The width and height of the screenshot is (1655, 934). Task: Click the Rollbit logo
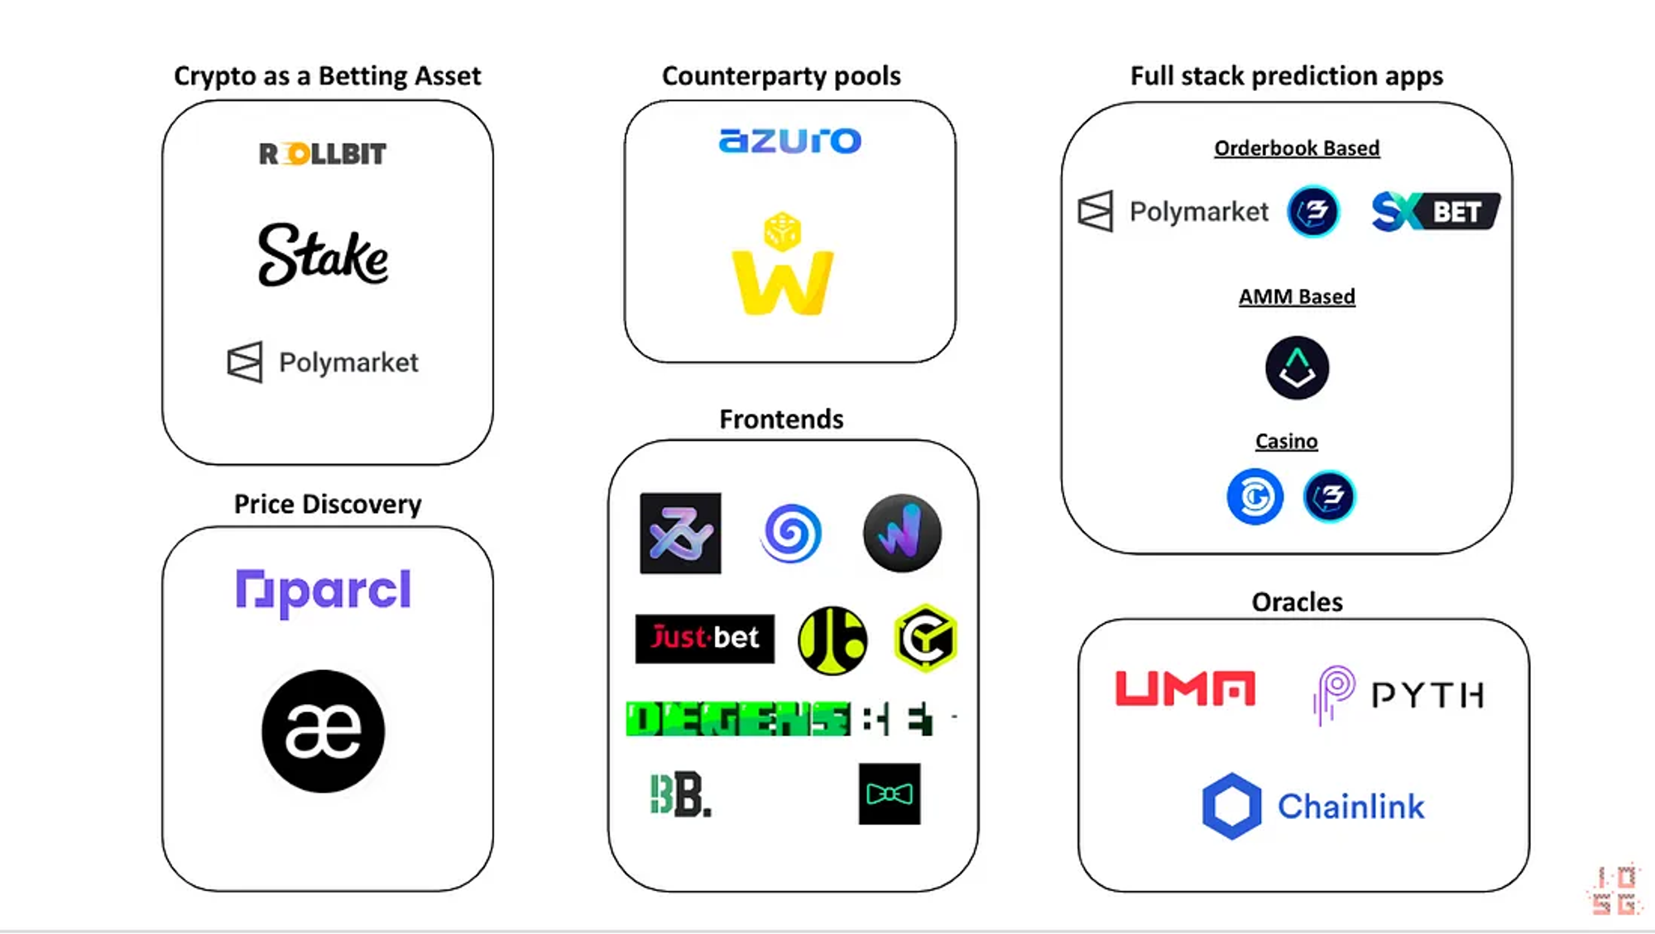[x=323, y=154]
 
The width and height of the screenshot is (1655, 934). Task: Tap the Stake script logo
[x=323, y=255]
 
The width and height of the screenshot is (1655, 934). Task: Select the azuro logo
[x=790, y=141]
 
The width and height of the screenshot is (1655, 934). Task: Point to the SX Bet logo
[x=1436, y=211]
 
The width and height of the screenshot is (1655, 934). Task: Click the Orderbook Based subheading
[x=1297, y=148]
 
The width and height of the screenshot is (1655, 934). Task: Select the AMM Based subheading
[x=1297, y=297]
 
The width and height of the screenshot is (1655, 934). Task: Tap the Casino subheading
[x=1286, y=442]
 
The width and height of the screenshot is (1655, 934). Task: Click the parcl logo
[x=323, y=591]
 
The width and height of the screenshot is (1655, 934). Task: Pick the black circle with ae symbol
[x=323, y=731]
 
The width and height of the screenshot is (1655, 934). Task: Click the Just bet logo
[x=705, y=638]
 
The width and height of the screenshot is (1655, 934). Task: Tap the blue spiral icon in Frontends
[x=791, y=534]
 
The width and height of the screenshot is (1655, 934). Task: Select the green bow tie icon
[x=890, y=794]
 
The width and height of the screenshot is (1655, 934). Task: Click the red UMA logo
[x=1185, y=688]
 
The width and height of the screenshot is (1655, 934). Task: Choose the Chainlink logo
[x=1313, y=807]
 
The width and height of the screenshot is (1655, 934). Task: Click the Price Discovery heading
[x=328, y=504]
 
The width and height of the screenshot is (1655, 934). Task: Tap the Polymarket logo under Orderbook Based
[x=1173, y=212]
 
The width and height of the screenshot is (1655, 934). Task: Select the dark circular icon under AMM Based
[x=1297, y=368]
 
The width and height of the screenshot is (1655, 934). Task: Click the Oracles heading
[x=1297, y=602]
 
